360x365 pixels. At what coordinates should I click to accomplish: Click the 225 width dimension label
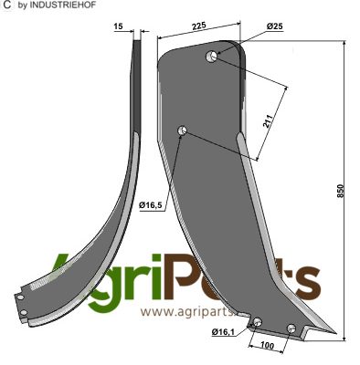click(199, 26)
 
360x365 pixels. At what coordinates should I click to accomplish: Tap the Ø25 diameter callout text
click(274, 26)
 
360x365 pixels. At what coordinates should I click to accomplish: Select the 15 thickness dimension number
click(119, 26)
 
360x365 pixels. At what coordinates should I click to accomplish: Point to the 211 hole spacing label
click(267, 121)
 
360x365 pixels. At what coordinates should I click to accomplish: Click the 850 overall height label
click(341, 191)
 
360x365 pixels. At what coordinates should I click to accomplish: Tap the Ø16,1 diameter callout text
click(223, 332)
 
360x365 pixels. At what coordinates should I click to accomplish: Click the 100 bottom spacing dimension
click(267, 346)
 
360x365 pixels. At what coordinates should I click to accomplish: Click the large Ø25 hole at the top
click(211, 57)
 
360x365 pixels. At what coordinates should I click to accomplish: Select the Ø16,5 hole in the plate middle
click(182, 130)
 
